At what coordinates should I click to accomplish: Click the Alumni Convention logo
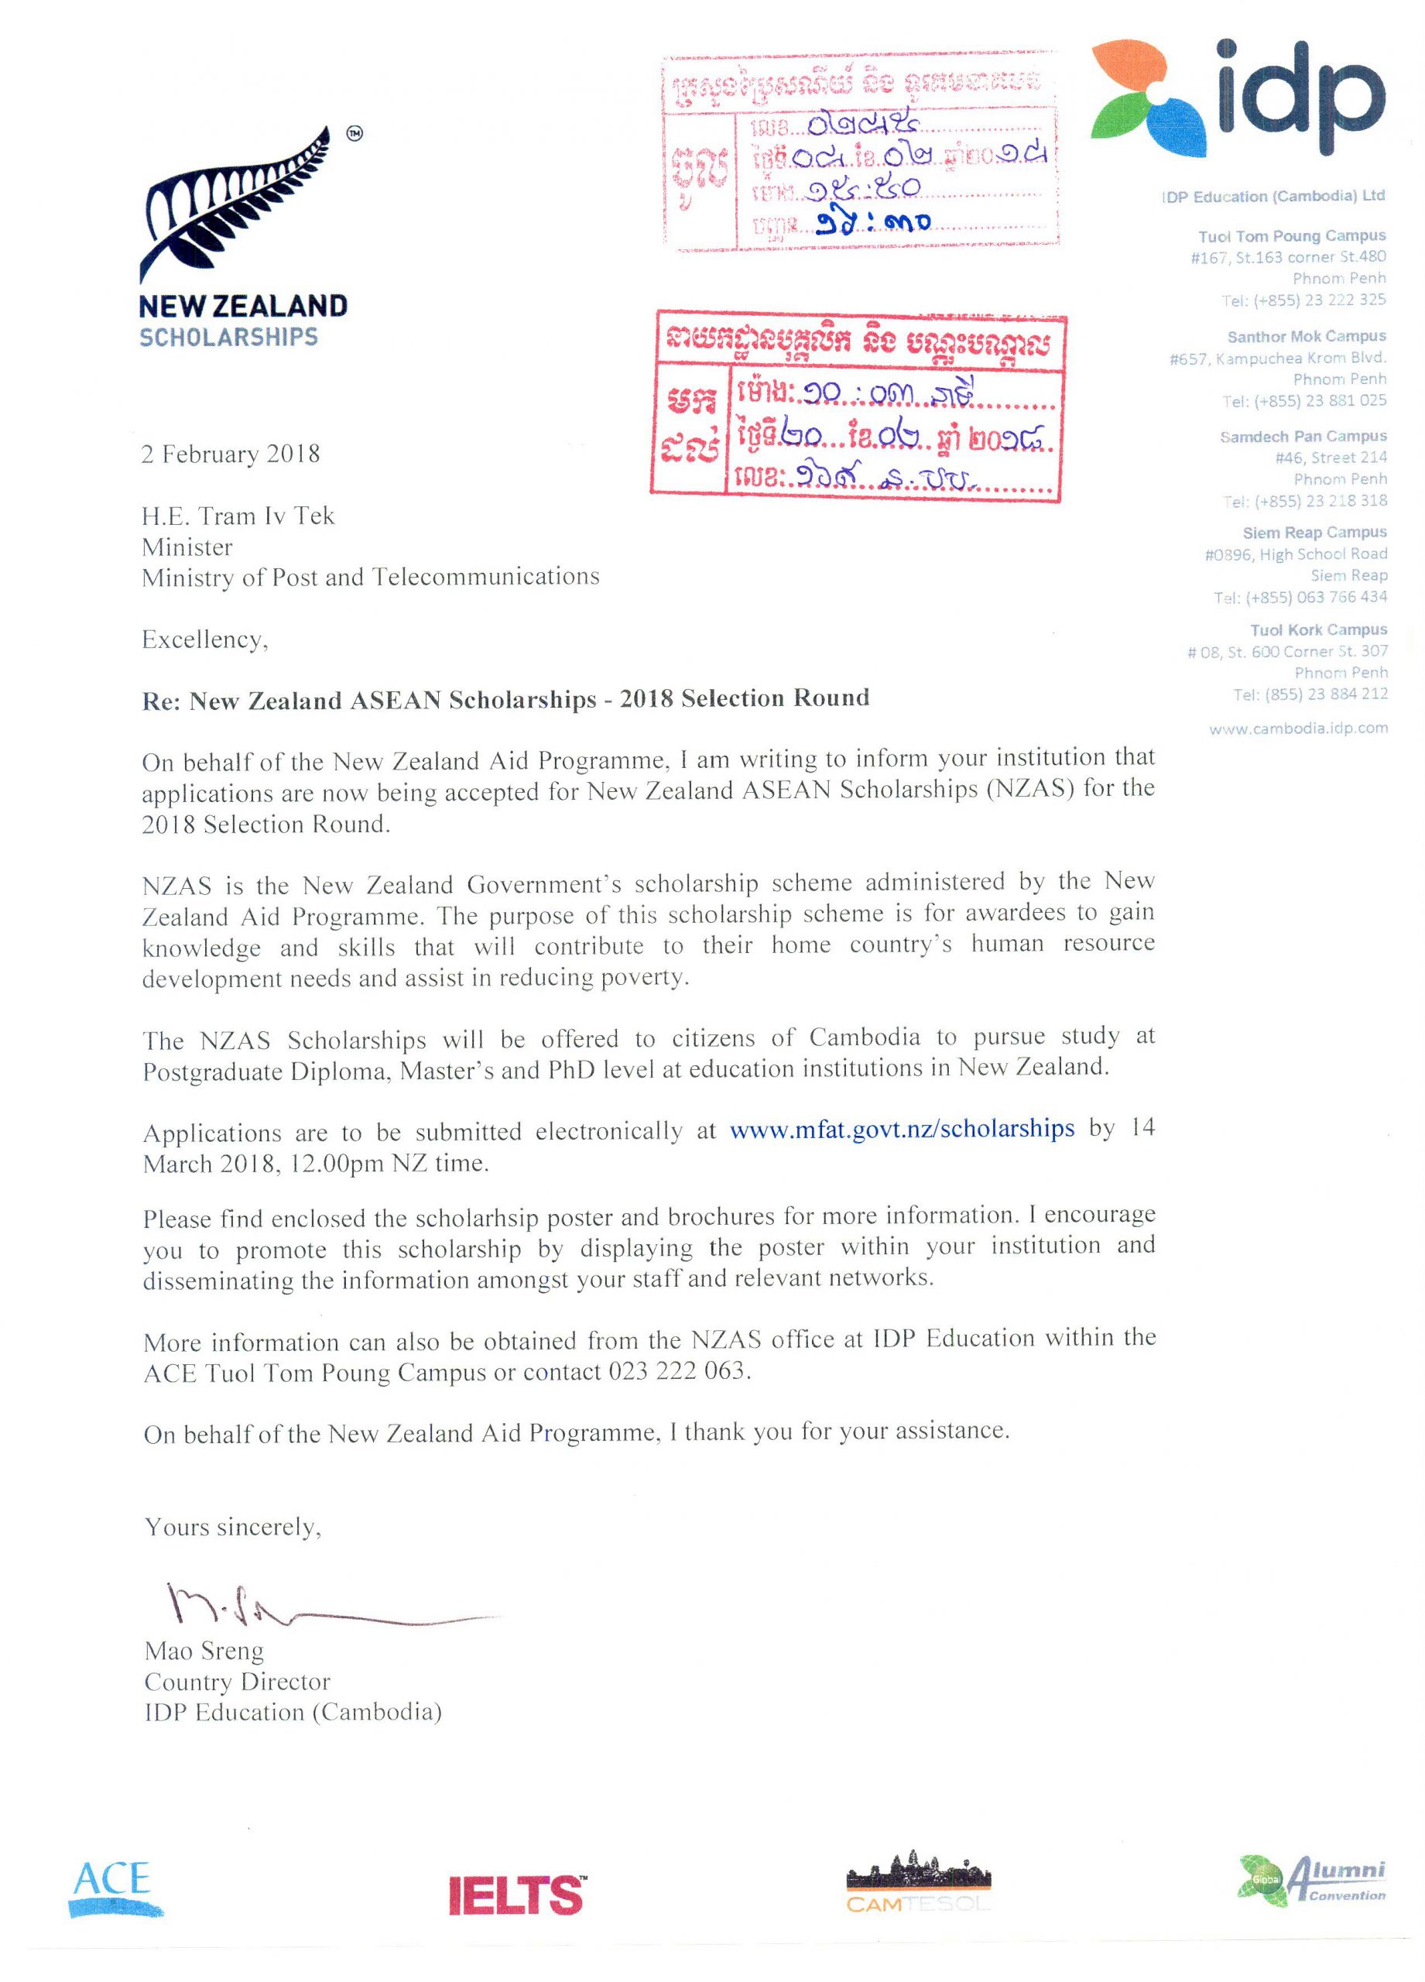pos(1311,1878)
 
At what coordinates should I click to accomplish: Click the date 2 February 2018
pos(231,454)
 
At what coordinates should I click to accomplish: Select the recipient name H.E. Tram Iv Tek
pos(238,516)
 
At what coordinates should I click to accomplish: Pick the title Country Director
pos(237,1682)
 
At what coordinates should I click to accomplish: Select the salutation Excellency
pos(204,640)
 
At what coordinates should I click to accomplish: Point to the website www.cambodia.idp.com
pos(1297,728)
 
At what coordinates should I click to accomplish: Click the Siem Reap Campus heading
pos(1314,532)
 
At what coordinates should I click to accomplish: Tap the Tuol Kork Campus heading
pos(1317,629)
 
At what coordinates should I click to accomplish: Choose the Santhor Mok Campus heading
pos(1306,337)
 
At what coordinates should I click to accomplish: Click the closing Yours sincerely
pos(232,1527)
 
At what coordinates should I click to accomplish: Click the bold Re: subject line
pos(505,699)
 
